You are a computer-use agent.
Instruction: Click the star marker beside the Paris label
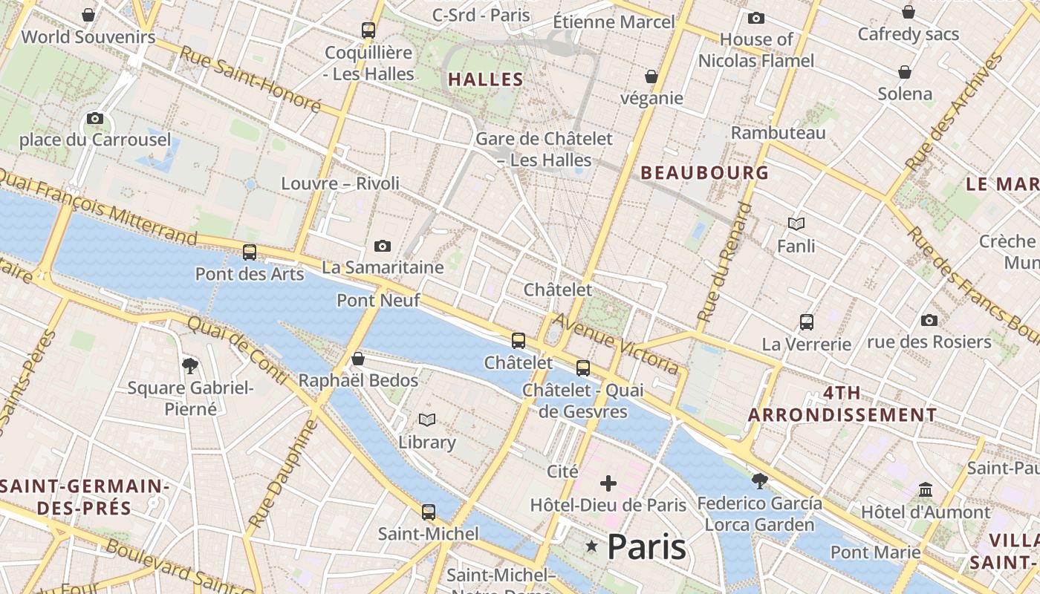tap(592, 547)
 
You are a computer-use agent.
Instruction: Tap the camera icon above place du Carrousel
tap(94, 118)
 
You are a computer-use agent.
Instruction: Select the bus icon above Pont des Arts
tap(250, 252)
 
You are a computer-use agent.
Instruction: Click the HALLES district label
tap(486, 79)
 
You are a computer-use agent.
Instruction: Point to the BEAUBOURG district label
tap(704, 173)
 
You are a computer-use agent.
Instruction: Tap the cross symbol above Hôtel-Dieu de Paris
tap(608, 484)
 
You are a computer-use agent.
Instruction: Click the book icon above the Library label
tap(426, 420)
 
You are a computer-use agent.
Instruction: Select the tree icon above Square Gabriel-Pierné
tap(190, 365)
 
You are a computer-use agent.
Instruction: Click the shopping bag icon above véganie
tap(651, 76)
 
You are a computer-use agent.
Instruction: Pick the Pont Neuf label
tap(378, 301)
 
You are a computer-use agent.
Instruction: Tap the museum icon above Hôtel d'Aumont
tap(926, 490)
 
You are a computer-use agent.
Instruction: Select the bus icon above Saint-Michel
tap(429, 512)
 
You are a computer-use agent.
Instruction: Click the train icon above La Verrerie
tap(807, 322)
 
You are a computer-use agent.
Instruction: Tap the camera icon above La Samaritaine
tap(383, 246)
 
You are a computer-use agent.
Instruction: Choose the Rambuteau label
tap(778, 133)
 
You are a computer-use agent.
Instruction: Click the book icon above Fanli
tap(796, 223)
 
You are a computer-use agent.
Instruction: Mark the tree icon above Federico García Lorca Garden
tap(759, 481)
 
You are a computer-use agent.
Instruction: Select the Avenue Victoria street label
tap(616, 343)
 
